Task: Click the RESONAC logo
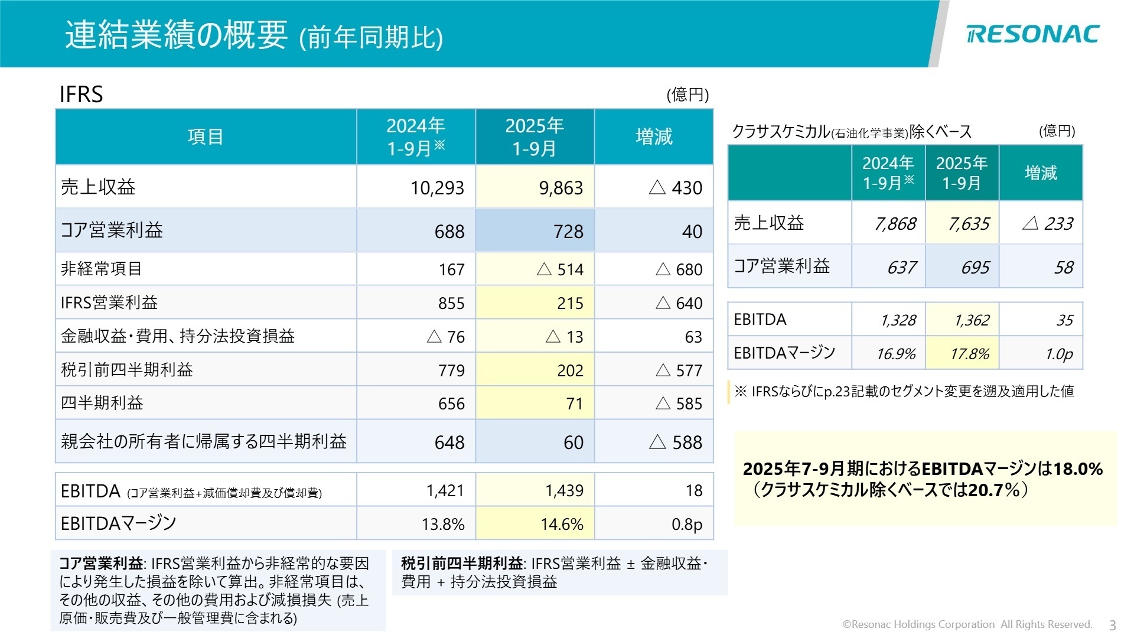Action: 1032,34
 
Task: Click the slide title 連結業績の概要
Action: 176,35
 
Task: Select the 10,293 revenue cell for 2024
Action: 437,188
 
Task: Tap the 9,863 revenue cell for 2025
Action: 561,188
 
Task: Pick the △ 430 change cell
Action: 676,188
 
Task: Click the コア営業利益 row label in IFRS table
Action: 112,230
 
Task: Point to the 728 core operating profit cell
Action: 568,232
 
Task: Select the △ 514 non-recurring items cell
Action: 560,269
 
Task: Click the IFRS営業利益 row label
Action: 109,303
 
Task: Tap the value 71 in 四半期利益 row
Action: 574,404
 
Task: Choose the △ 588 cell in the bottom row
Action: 676,442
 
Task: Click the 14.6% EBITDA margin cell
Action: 562,524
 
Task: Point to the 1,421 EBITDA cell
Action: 445,490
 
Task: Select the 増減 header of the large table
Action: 654,136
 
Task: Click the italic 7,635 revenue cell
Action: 969,224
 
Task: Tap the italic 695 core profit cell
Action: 975,268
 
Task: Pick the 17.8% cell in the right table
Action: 969,354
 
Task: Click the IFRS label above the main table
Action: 82,95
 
